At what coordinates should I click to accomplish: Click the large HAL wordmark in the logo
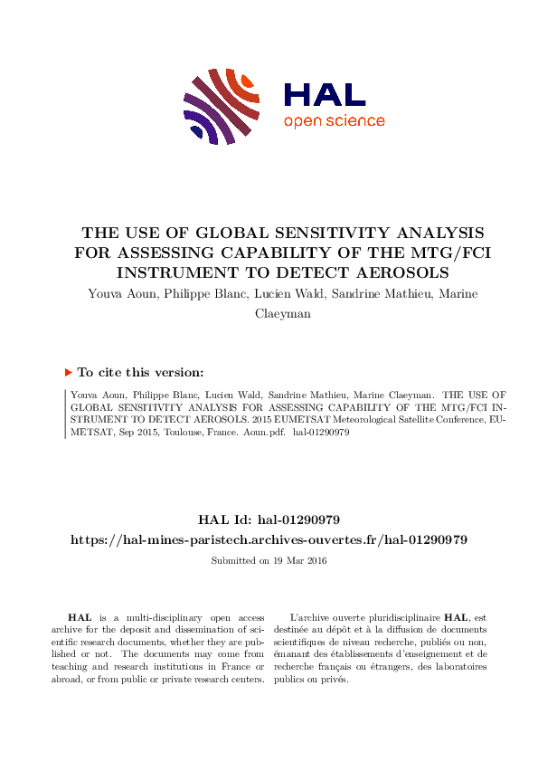click(x=324, y=94)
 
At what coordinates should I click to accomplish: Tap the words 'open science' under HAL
click(x=334, y=121)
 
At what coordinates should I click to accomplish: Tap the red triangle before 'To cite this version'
click(x=69, y=372)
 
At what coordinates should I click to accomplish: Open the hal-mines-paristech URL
click(x=269, y=539)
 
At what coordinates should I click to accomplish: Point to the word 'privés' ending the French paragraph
click(x=334, y=680)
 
